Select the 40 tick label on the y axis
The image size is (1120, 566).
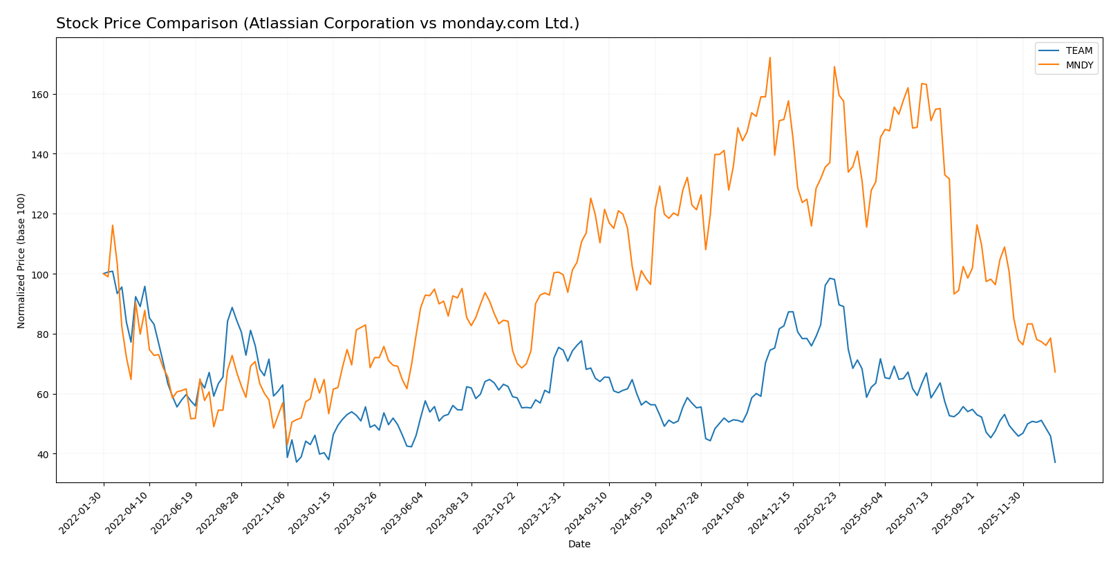tap(42, 454)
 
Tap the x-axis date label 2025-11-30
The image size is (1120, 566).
tap(1002, 511)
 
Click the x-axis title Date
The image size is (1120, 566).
tap(579, 545)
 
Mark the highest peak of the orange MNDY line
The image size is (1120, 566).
tap(769, 57)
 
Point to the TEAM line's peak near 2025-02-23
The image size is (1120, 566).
tap(830, 279)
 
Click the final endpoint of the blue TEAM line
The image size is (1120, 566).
tap(1055, 462)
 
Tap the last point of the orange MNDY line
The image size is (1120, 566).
tap(1055, 372)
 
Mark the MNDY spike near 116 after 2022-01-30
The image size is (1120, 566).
tap(113, 225)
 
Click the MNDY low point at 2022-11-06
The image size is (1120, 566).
tap(287, 446)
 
